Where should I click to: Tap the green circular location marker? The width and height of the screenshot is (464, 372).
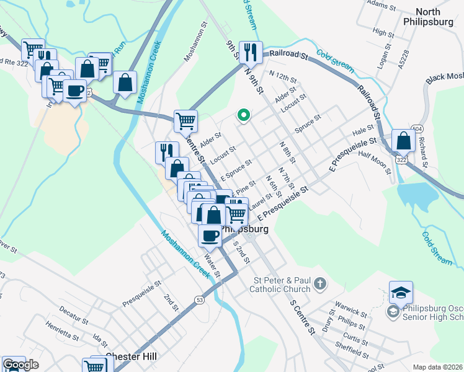[x=244, y=115]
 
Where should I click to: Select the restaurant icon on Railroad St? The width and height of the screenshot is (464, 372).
[x=251, y=52]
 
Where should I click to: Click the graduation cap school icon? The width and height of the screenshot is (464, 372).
[x=401, y=292]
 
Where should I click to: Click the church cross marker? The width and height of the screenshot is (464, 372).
[x=320, y=284]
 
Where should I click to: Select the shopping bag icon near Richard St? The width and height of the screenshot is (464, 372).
[x=403, y=141]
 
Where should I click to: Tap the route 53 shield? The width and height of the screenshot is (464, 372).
[x=199, y=300]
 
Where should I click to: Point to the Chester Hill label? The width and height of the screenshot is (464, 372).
[x=130, y=357]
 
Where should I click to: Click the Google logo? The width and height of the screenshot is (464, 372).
[x=20, y=365]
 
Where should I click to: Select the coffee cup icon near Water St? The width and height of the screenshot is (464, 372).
[x=210, y=236]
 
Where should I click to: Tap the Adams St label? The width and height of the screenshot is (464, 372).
[x=381, y=6]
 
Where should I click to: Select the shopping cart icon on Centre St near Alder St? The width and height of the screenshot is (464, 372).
[x=185, y=121]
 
